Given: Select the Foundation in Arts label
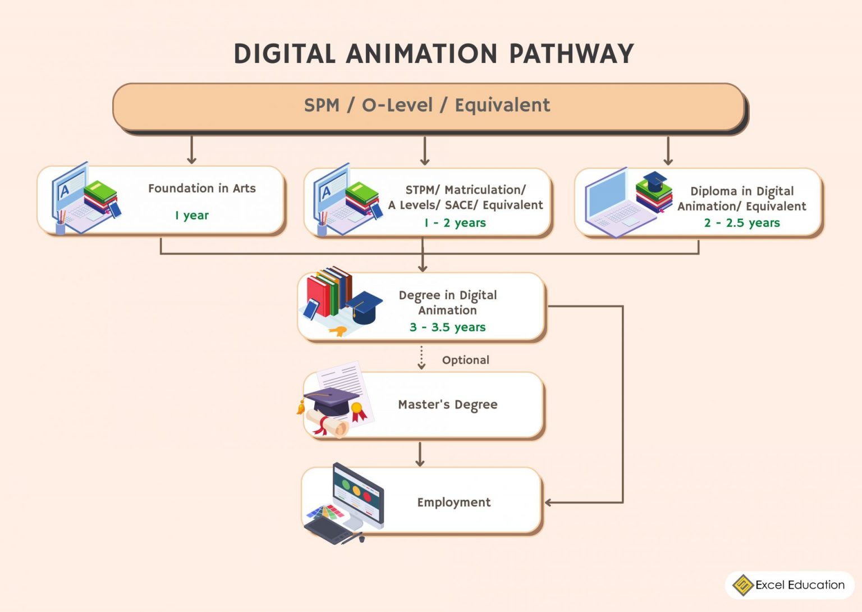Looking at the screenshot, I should coord(201,189).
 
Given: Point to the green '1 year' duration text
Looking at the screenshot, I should coord(192,216).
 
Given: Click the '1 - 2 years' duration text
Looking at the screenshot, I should coord(455,223).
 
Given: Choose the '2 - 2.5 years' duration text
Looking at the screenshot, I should coord(742,223).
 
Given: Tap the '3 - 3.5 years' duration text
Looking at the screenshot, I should coord(447,327).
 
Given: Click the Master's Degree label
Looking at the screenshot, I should coord(447,405).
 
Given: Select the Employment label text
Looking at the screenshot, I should coord(453,503).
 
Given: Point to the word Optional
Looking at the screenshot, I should coord(465,360).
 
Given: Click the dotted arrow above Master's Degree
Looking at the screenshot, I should coord(421,358).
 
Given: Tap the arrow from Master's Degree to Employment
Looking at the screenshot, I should coord(420,454).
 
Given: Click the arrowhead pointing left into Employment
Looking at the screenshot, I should coord(549,503).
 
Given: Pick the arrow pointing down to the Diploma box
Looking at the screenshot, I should coord(668,151).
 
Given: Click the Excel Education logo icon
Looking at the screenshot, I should coord(743,585).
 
